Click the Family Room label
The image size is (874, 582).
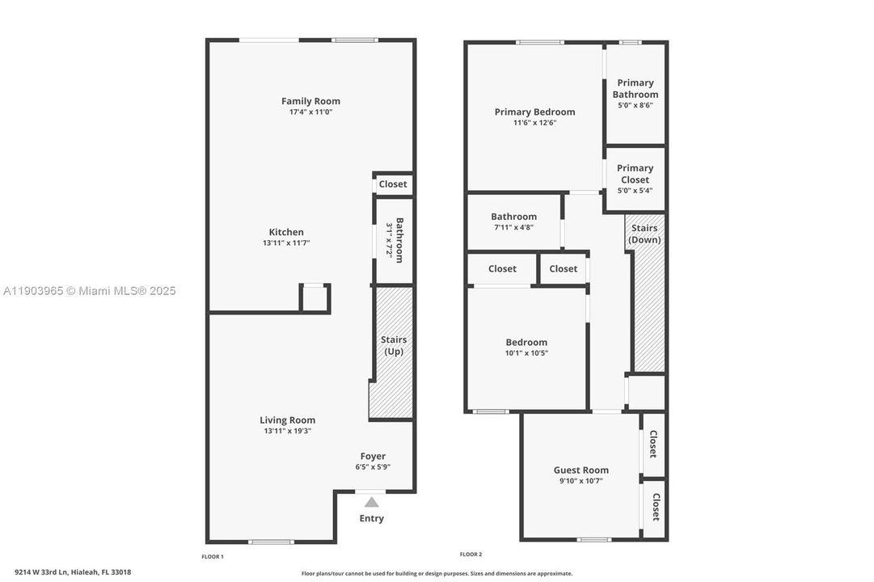click(x=310, y=101)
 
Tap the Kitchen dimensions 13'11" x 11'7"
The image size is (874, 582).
click(x=286, y=242)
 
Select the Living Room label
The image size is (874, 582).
click(x=287, y=420)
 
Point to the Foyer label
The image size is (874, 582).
click(x=372, y=456)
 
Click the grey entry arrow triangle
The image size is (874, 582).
click(x=371, y=502)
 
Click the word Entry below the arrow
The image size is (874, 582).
click(x=371, y=518)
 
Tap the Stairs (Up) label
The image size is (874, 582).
click(x=394, y=345)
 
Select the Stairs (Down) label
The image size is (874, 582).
click(x=644, y=234)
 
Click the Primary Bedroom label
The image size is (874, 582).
click(x=534, y=112)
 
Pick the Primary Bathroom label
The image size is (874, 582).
click(x=635, y=88)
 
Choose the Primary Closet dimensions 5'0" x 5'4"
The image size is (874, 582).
click(x=635, y=191)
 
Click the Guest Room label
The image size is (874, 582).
click(x=581, y=470)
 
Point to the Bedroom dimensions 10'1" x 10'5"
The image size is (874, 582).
click(x=526, y=352)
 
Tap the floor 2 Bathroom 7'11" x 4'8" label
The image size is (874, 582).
click(x=513, y=217)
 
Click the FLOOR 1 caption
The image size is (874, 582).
click(x=213, y=556)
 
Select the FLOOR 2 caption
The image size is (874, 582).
click(x=471, y=554)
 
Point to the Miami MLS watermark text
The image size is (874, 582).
click(x=89, y=291)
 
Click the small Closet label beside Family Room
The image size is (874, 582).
click(x=393, y=183)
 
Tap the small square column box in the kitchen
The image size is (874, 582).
click(x=315, y=297)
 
